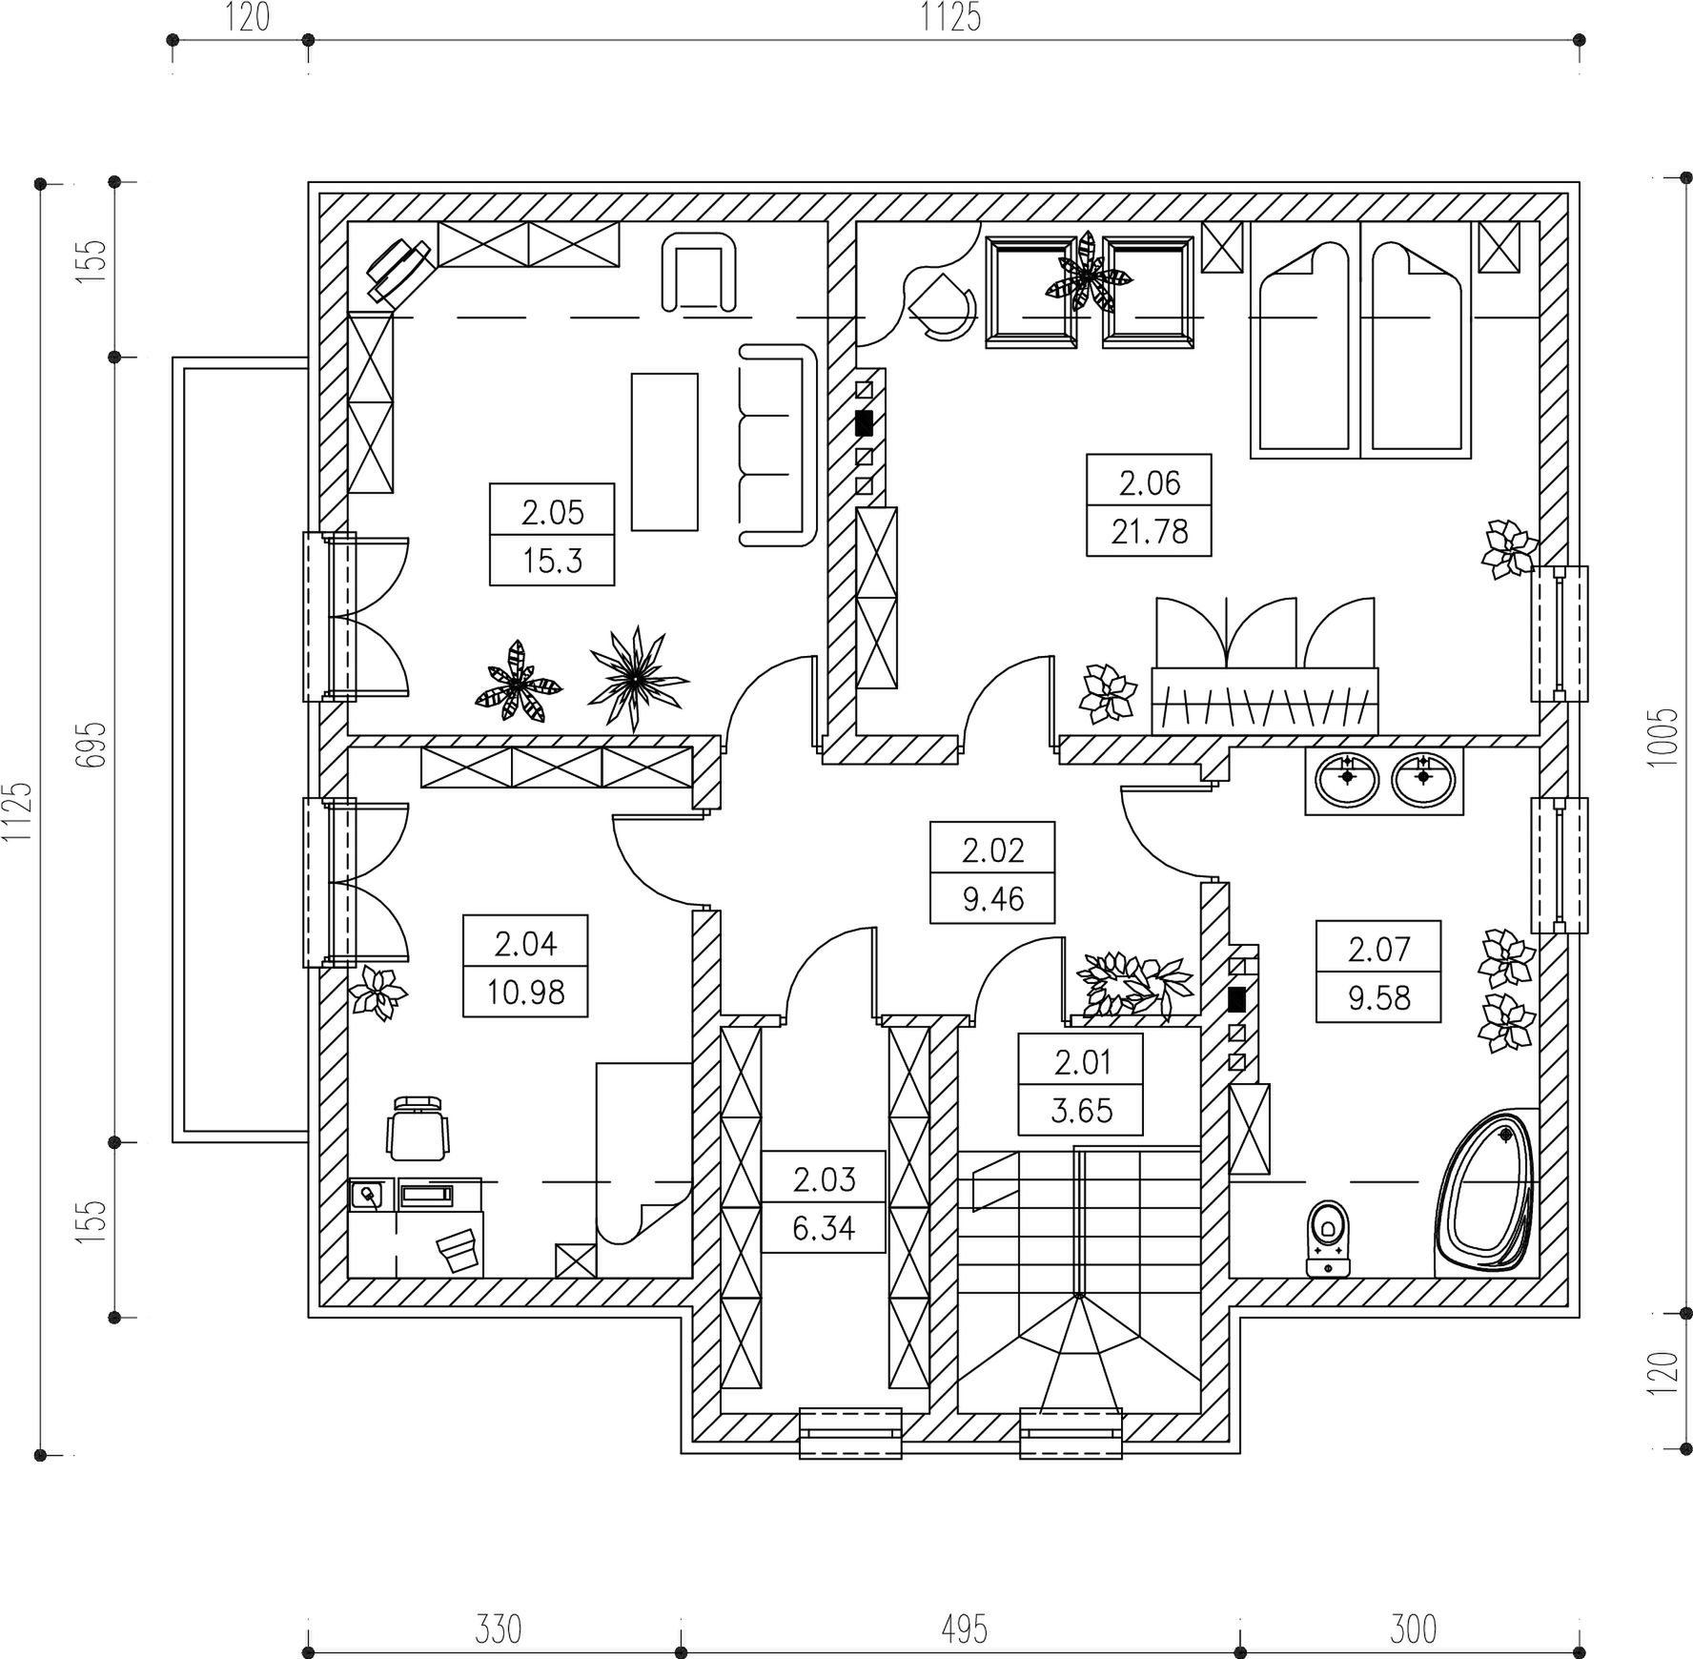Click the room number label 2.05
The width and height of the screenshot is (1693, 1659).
(x=552, y=513)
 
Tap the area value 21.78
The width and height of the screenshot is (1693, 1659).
(x=1150, y=532)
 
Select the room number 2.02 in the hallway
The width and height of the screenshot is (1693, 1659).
(x=992, y=850)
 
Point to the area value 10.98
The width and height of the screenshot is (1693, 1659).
(x=525, y=993)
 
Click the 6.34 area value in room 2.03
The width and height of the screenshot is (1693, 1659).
(x=824, y=1229)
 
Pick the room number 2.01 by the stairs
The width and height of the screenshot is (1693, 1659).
(x=1082, y=1062)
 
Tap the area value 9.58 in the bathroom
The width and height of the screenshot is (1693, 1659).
(x=1378, y=999)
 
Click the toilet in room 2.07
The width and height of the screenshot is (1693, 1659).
(x=1328, y=1239)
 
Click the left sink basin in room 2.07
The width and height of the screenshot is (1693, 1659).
(x=1346, y=779)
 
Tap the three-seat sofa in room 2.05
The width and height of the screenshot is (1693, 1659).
(x=779, y=445)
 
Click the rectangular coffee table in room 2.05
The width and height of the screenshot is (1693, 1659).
(x=664, y=451)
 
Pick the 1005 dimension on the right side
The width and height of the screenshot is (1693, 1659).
(x=1662, y=737)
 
